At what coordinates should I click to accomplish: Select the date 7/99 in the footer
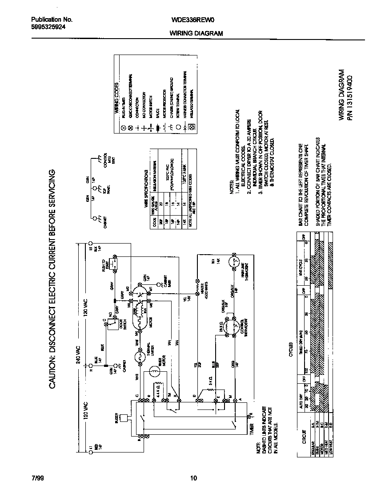click(x=38, y=478)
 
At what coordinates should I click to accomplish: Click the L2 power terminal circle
click(x=91, y=243)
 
